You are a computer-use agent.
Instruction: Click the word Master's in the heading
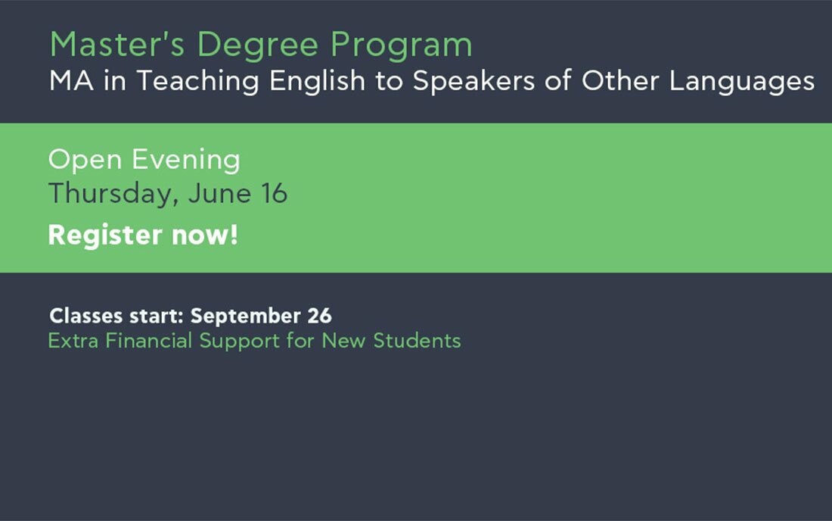[x=117, y=44]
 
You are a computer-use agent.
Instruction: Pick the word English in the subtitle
[x=318, y=81]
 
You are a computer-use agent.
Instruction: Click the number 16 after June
[x=274, y=193]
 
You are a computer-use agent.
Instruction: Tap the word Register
[x=105, y=236]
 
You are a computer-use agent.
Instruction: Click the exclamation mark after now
[x=234, y=236]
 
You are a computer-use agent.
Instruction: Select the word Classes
[x=86, y=316]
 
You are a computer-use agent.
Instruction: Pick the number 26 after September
[x=319, y=316]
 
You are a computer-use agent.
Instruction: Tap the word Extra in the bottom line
[x=73, y=341]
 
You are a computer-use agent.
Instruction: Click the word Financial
[x=148, y=341]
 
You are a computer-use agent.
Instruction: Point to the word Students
[x=417, y=341]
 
